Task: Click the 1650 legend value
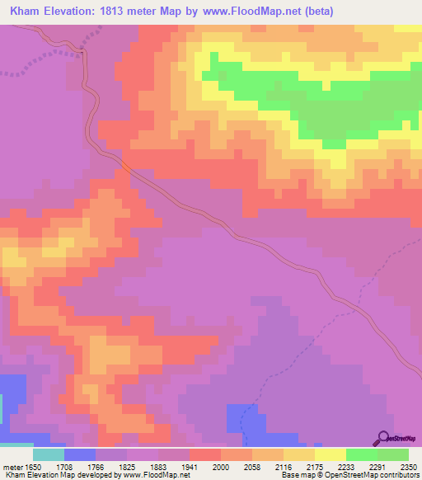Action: [32, 466]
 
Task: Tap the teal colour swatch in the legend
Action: [48, 454]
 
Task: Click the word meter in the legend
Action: [12, 466]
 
